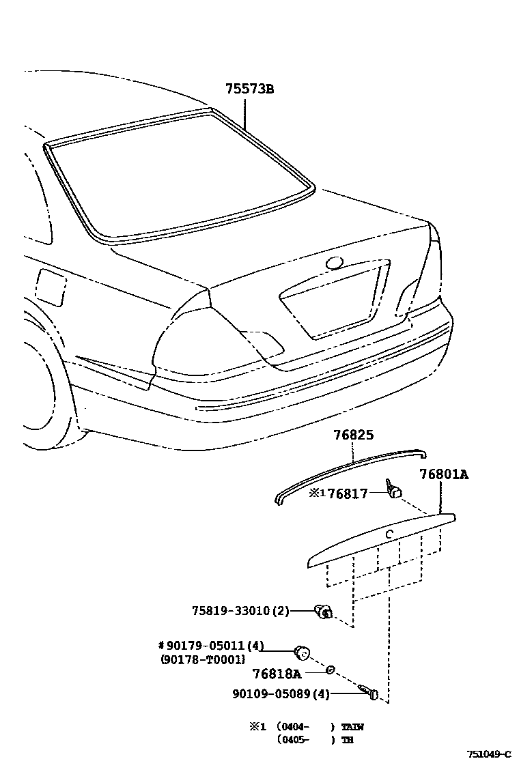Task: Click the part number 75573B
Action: point(250,89)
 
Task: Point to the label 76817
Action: point(348,493)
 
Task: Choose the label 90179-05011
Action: point(215,646)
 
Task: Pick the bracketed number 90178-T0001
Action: point(202,659)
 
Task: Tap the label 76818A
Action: point(277,674)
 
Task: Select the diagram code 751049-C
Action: point(489,754)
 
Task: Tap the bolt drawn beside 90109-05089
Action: point(369,692)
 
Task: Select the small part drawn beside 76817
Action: point(394,489)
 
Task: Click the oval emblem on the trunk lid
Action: point(335,263)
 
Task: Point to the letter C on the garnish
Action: point(389,534)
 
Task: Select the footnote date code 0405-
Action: point(295,739)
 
